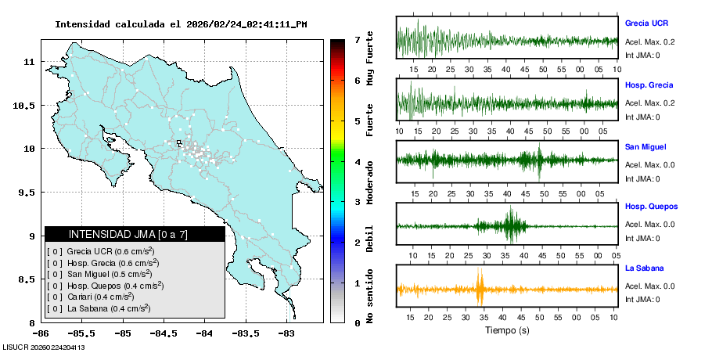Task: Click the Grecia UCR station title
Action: point(646,23)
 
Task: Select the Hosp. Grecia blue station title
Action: point(649,85)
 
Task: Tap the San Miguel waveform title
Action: point(645,146)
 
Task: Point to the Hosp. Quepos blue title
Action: point(651,207)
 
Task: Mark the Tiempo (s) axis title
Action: point(506,330)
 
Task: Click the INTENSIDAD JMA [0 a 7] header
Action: point(135,234)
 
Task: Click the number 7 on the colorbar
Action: point(356,39)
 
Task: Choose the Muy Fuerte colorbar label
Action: point(370,58)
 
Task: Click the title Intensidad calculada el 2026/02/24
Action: point(181,24)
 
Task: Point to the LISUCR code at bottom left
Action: point(43,347)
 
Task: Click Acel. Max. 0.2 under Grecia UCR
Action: point(649,41)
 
